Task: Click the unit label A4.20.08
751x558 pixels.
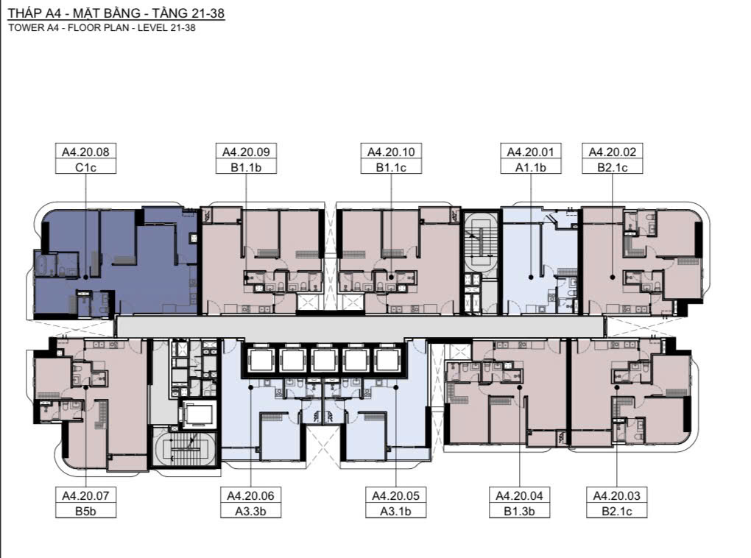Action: point(85,152)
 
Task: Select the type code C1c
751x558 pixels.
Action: point(85,167)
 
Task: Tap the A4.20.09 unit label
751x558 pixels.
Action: point(246,152)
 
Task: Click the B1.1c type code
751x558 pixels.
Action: point(391,167)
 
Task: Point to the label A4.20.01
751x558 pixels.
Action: point(531,152)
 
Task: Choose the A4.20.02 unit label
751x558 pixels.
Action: point(612,152)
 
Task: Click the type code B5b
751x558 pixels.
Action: point(85,511)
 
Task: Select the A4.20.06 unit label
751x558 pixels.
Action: point(250,495)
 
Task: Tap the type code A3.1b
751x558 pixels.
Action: point(395,511)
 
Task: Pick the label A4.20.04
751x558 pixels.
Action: point(519,495)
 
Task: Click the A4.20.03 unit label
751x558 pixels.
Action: point(617,495)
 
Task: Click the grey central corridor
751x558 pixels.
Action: point(360,327)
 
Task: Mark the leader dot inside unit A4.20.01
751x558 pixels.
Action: point(531,277)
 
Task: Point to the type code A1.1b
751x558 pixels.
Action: point(531,167)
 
